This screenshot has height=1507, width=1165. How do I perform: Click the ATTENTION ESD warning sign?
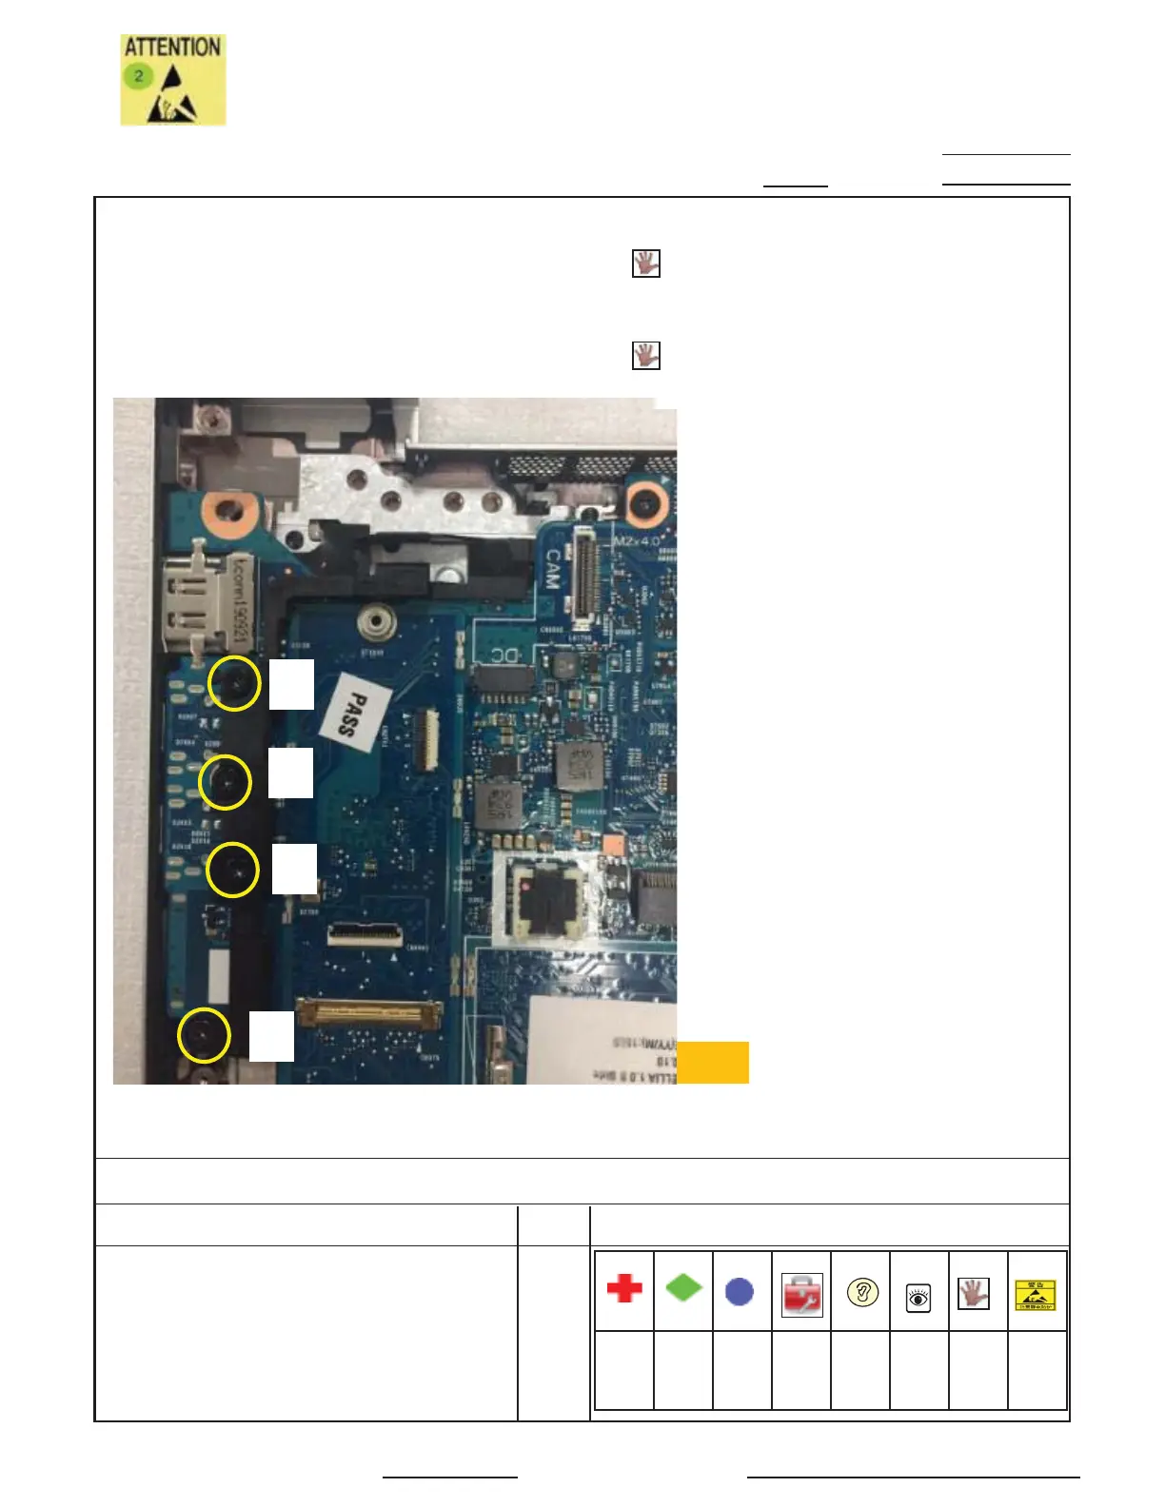pos(172,80)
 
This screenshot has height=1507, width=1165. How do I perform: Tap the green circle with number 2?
pos(138,75)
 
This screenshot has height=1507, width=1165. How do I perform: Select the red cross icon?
pos(624,1289)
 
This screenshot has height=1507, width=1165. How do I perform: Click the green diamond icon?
pos(683,1288)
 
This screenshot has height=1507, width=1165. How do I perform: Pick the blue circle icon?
pos(740,1291)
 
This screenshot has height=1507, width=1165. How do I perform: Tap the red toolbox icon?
pos(801,1295)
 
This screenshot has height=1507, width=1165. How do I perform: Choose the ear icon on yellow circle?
pos(862,1293)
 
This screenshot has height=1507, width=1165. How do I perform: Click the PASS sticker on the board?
pos(355,714)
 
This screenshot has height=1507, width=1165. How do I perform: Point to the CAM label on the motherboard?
pos(553,569)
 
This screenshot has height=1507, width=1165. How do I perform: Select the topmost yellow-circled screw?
pos(234,683)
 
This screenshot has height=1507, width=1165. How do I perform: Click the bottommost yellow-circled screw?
pos(204,1035)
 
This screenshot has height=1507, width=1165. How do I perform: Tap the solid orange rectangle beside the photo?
pos(713,1063)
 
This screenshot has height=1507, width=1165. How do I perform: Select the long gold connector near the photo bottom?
pos(369,1012)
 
